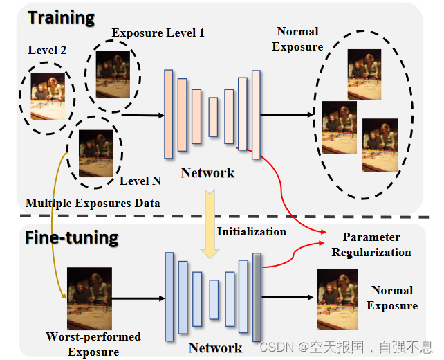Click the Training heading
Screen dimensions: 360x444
(x=60, y=18)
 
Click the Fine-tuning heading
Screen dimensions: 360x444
(x=71, y=238)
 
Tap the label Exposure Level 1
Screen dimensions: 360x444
(x=158, y=33)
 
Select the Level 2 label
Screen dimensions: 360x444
(x=46, y=51)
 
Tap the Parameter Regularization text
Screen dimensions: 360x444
(x=378, y=244)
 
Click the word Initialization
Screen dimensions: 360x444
(x=252, y=231)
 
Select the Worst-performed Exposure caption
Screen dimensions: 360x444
(x=93, y=344)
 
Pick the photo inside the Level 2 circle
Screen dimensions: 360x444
(x=48, y=96)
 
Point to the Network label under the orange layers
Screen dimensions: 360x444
(x=207, y=172)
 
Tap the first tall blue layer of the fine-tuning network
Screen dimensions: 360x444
(x=169, y=298)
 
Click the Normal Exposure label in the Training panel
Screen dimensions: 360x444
(x=297, y=39)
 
